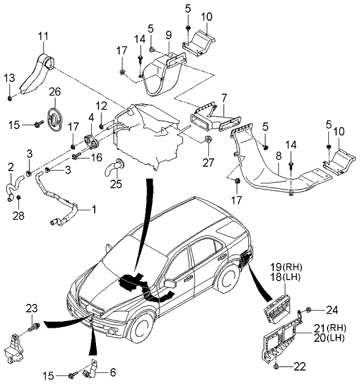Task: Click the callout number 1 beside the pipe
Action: click(x=94, y=209)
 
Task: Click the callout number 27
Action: click(x=209, y=163)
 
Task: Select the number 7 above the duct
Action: click(x=224, y=97)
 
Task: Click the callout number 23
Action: click(x=32, y=308)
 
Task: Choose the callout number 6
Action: click(x=112, y=371)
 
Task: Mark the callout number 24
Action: click(x=331, y=309)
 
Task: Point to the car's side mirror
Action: click(x=169, y=284)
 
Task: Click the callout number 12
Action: click(x=101, y=105)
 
